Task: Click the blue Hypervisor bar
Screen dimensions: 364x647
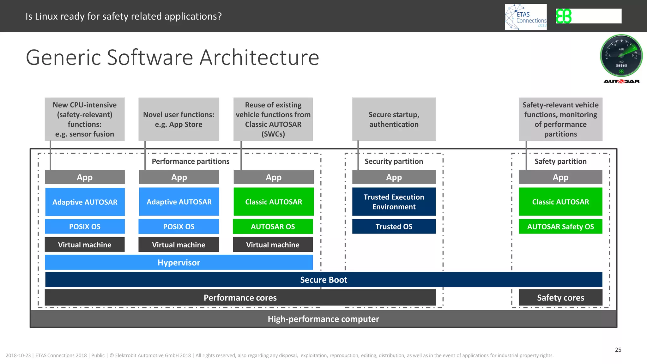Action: (x=179, y=263)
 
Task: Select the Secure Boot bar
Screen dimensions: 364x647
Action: (x=323, y=280)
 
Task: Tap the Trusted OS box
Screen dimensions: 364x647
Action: (x=394, y=227)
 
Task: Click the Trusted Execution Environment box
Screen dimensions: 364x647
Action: (x=394, y=202)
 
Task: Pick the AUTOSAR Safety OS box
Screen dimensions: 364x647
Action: (x=560, y=227)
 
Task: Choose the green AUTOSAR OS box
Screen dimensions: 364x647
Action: (x=273, y=227)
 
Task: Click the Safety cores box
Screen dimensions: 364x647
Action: (x=560, y=298)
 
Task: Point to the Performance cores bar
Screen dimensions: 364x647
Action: (x=240, y=298)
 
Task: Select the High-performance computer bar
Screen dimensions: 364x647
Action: (x=323, y=319)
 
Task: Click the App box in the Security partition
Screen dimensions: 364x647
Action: (x=394, y=177)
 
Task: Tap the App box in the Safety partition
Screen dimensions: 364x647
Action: (x=560, y=177)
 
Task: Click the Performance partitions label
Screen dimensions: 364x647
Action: (x=190, y=161)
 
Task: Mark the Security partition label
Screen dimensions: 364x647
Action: (x=394, y=161)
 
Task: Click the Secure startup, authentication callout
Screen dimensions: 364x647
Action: (x=394, y=119)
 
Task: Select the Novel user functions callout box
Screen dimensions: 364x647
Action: (x=178, y=119)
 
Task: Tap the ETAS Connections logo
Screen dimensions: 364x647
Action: (x=526, y=17)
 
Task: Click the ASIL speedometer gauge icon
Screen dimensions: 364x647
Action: (x=621, y=56)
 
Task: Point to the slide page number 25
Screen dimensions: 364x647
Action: (x=618, y=350)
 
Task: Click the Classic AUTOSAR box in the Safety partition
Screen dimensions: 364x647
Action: (x=560, y=202)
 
